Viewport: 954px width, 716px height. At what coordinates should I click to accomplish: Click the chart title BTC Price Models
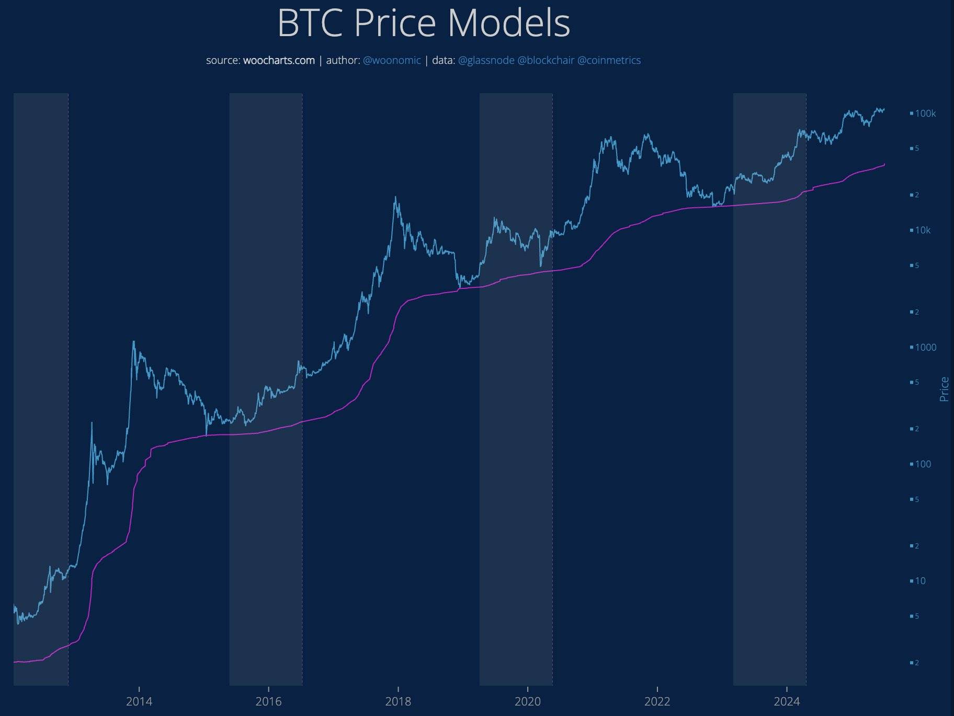pos(423,24)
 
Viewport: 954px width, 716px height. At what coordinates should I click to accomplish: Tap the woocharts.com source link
pos(279,60)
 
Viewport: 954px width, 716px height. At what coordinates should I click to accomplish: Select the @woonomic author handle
pos(392,60)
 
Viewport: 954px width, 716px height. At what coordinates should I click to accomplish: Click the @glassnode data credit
pos(486,60)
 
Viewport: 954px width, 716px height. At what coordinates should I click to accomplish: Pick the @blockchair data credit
pos(546,60)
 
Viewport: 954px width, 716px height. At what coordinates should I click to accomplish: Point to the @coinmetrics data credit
pos(609,60)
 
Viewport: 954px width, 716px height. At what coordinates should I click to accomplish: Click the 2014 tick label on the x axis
pos(139,702)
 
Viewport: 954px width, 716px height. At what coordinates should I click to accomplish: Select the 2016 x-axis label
pos(268,702)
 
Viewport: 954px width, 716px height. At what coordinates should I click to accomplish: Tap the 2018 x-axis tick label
pos(398,702)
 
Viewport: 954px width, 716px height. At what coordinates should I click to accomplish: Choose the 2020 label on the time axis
pos(528,702)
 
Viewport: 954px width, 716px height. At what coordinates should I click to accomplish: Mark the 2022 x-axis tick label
pos(657,702)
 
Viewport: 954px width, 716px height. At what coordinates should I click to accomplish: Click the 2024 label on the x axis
pos(787,702)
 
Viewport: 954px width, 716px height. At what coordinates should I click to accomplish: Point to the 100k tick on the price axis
pos(925,114)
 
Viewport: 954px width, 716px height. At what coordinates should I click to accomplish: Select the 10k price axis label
pos(923,230)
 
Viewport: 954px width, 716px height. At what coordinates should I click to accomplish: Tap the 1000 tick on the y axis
pos(925,348)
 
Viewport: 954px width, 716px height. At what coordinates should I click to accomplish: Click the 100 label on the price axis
pos(923,464)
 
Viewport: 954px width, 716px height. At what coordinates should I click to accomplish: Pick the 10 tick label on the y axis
pos(921,581)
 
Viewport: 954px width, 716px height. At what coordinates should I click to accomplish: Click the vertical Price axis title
pos(944,389)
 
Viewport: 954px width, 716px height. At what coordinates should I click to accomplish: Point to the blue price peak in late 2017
pos(395,197)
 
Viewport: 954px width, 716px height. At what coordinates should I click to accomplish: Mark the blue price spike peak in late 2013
pos(133,342)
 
